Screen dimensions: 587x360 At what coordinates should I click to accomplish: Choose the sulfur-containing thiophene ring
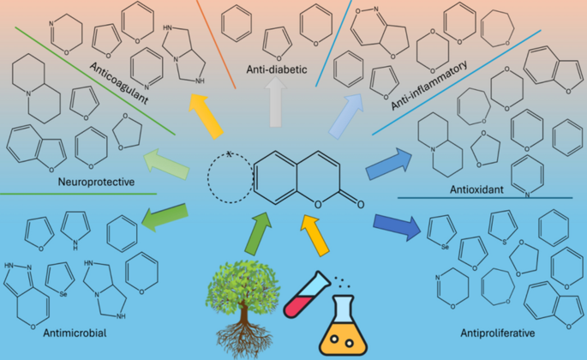(x=502, y=225)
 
